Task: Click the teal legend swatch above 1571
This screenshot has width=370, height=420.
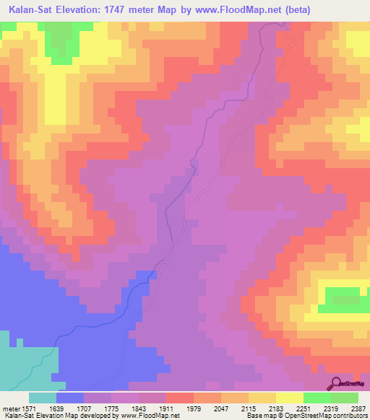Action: pyautogui.click(x=43, y=398)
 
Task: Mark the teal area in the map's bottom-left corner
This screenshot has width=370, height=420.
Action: pyautogui.click(x=25, y=364)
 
